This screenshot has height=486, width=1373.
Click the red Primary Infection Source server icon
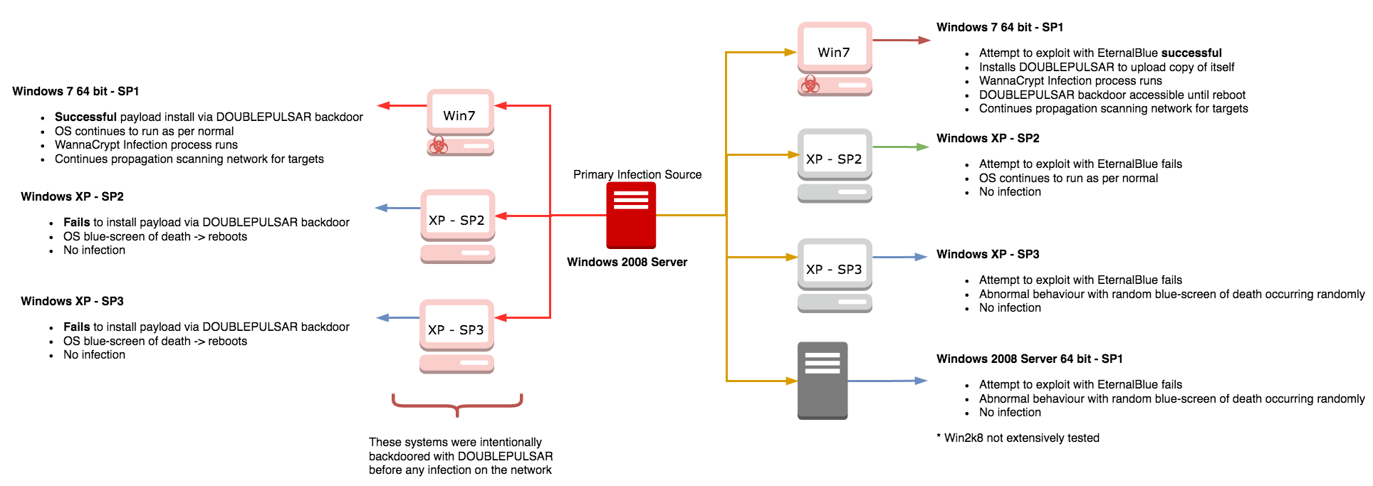coord(631,215)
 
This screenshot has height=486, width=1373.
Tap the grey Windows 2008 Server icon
coord(823,381)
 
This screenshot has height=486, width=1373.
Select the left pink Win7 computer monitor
coord(460,112)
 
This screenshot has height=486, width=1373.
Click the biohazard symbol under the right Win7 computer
coord(810,85)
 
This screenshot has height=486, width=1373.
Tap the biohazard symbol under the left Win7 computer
coord(439,146)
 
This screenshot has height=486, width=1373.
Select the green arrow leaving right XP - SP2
coord(901,147)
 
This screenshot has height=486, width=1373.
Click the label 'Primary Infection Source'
coord(637,174)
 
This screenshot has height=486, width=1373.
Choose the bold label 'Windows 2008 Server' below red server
coord(627,262)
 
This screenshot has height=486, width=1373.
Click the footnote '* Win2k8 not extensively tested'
coord(1018,438)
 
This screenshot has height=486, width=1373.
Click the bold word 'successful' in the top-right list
coord(1191,53)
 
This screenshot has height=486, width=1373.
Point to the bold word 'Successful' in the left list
coord(85,117)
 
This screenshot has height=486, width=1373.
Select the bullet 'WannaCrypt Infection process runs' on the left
coord(146,144)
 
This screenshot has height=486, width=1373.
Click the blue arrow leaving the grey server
coord(887,381)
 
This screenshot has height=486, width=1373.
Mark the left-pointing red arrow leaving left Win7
coord(402,105)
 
